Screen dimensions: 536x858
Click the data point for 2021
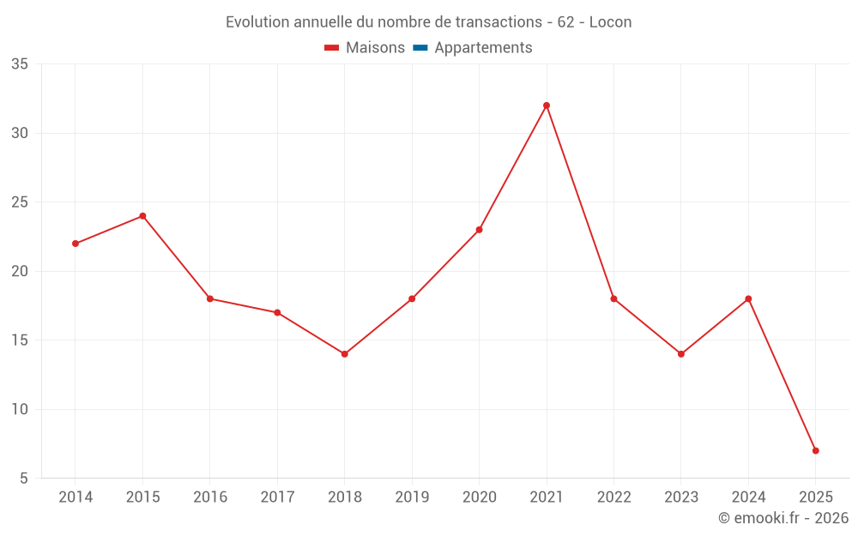(x=547, y=105)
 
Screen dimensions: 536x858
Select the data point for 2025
(x=815, y=450)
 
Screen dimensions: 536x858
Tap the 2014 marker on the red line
(x=76, y=244)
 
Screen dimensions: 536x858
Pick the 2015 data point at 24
(x=142, y=216)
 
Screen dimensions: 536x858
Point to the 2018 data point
(x=344, y=354)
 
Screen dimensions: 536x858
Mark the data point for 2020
(x=479, y=230)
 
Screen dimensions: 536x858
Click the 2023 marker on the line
(x=681, y=354)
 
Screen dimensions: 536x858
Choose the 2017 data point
(x=277, y=313)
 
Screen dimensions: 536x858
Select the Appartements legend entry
(x=483, y=48)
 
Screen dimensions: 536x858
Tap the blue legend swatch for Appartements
(x=420, y=48)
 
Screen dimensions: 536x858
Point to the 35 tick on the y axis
(x=20, y=64)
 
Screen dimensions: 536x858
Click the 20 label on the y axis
(x=20, y=271)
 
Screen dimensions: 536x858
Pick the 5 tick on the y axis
(x=24, y=479)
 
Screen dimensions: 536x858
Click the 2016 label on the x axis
(x=210, y=497)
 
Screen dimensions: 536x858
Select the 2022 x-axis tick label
(x=613, y=497)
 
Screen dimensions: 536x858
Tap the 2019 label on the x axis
(x=412, y=497)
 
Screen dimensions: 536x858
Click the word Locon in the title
(x=610, y=22)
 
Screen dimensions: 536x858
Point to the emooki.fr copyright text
(x=782, y=518)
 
